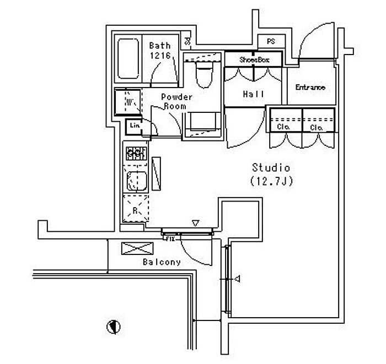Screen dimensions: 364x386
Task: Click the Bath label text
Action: (x=160, y=46)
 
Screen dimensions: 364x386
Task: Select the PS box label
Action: (x=271, y=42)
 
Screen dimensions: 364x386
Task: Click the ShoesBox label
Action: (x=254, y=59)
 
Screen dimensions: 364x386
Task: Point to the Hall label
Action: (x=254, y=94)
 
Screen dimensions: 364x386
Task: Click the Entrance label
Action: (x=310, y=87)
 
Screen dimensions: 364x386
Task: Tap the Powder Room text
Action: (x=176, y=101)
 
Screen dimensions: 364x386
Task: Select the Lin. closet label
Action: (x=135, y=126)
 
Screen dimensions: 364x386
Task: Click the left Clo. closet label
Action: (x=285, y=128)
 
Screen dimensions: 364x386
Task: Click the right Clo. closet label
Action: (x=317, y=128)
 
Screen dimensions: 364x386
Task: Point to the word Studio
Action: (x=271, y=167)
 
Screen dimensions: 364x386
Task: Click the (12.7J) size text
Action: (x=270, y=180)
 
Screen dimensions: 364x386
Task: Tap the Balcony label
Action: (x=162, y=262)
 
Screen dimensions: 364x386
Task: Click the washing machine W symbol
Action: (x=128, y=101)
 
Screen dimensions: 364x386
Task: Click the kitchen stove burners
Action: (x=135, y=154)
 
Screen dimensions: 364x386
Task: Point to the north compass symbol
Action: (x=114, y=327)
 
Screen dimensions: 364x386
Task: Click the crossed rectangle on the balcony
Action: (x=137, y=248)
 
